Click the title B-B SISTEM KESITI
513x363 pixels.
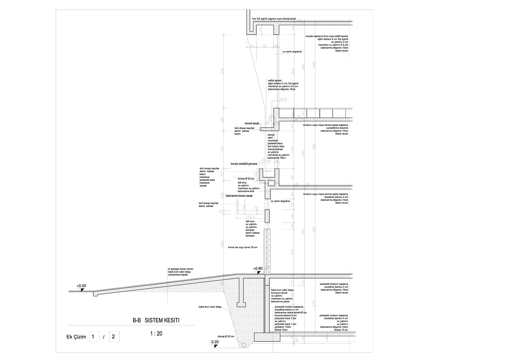click(x=156, y=320)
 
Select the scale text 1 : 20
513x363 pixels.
click(x=156, y=334)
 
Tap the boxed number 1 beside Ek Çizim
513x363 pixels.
click(x=94, y=337)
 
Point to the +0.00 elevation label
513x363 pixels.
click(x=81, y=286)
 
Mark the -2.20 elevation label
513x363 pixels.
click(x=214, y=342)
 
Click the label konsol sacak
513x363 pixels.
click(x=252, y=123)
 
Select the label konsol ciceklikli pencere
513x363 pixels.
click(x=244, y=164)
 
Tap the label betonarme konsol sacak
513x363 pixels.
click(x=239, y=196)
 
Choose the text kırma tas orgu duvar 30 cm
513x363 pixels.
click(x=242, y=247)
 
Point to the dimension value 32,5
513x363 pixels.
click(x=283, y=99)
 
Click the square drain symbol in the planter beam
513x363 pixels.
click(x=271, y=183)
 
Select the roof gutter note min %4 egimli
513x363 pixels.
click(x=274, y=19)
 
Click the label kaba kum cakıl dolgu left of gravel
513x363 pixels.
click(x=210, y=307)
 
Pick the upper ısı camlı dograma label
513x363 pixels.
click(x=292, y=52)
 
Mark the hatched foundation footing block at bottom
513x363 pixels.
click(x=267, y=337)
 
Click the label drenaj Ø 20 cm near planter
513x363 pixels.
click(x=246, y=179)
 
